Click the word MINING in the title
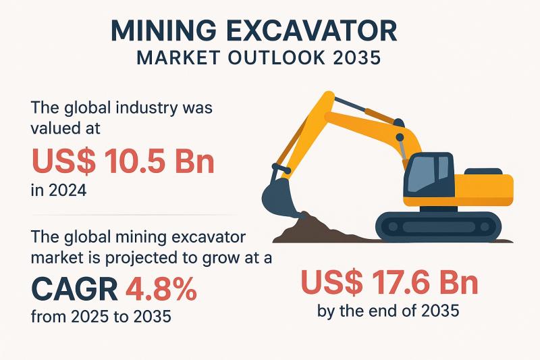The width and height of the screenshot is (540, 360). pos(163,31)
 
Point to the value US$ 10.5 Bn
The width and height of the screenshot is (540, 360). pos(123,161)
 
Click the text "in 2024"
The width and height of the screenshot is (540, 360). pos(59,190)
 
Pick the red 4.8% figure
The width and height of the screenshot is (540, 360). pos(161,289)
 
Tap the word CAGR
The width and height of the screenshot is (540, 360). pos(75,289)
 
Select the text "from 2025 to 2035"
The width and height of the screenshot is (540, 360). pos(101,316)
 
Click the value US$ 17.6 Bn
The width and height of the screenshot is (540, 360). pos(389,282)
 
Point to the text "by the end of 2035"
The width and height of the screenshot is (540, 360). pos(388,311)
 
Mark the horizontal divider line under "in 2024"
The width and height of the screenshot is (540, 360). pos(134,215)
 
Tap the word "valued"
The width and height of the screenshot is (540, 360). pos(53,128)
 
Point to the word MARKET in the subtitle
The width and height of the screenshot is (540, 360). pos(178,58)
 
